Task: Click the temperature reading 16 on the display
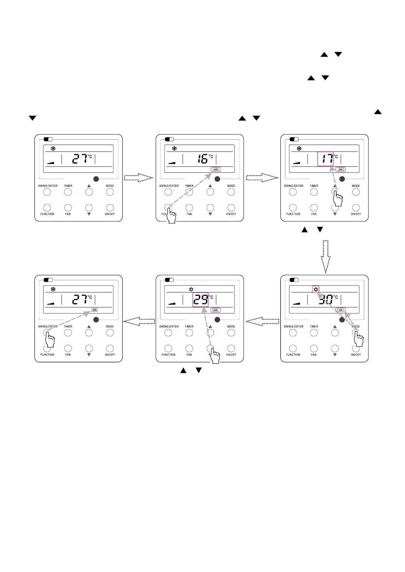point(203,159)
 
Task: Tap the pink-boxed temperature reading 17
point(325,159)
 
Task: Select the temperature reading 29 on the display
point(200,300)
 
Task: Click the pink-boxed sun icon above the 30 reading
point(316,289)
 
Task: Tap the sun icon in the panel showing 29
point(191,289)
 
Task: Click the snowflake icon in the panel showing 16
point(174,148)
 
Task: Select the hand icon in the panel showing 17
point(337,199)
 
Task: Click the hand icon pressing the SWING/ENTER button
point(50,339)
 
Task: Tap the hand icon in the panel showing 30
point(359,339)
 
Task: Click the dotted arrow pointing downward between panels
point(325,257)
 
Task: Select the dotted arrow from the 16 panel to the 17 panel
point(262,178)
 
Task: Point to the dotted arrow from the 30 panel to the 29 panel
point(262,321)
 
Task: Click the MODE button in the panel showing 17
point(356,192)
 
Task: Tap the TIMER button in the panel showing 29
point(189,333)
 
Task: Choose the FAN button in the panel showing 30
point(314,348)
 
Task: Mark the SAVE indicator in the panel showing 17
point(340,169)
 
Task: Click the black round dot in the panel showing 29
point(218,320)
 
